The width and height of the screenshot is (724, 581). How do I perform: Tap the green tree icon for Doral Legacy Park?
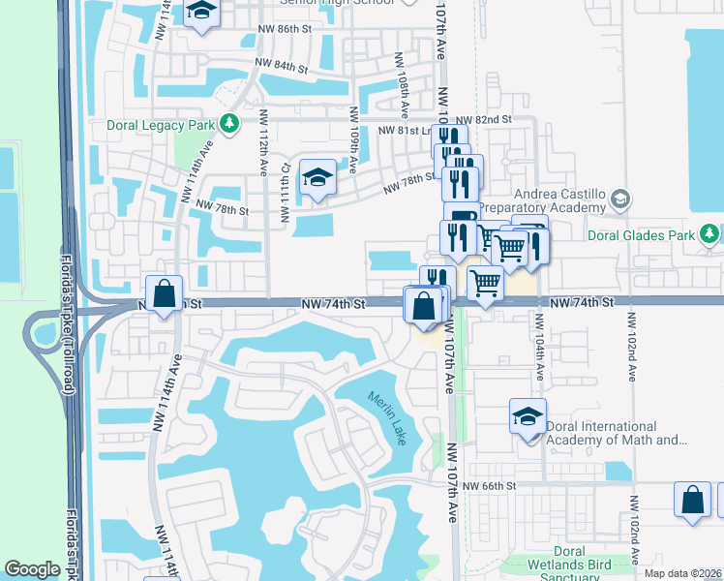[x=229, y=124]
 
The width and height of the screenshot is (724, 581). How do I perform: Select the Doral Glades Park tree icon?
[x=709, y=233]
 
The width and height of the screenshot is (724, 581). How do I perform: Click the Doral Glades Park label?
[x=642, y=235]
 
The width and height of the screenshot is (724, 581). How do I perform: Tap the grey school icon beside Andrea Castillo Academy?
[x=620, y=199]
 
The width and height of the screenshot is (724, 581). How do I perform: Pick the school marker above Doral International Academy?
[x=528, y=416]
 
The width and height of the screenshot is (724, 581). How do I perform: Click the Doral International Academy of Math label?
[x=616, y=433]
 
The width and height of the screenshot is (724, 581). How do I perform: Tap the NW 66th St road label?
[x=492, y=485]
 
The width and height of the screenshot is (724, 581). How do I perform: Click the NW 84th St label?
[x=281, y=68]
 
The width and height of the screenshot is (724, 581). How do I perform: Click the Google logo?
[x=32, y=569]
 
